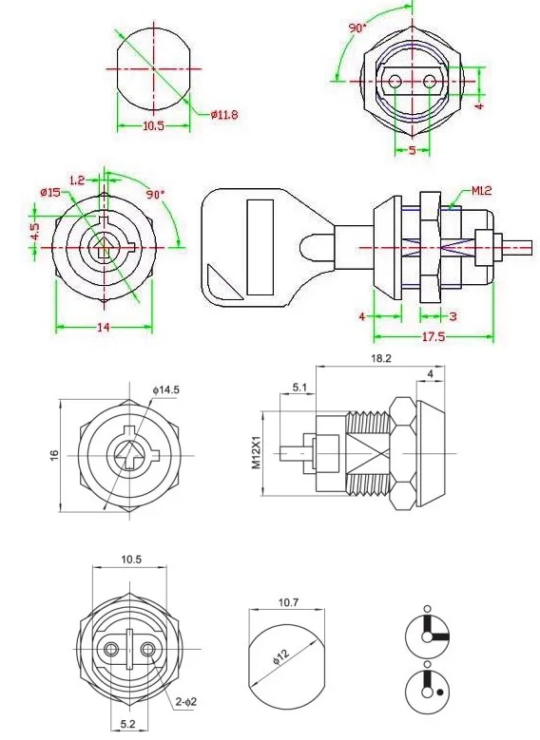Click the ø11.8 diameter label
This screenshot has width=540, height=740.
[224, 114]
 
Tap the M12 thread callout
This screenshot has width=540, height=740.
[481, 190]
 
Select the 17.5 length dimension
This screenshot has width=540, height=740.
[434, 336]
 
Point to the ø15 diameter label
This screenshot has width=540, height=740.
[50, 192]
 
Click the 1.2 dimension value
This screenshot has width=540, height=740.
[77, 180]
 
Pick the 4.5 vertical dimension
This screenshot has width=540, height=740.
[35, 231]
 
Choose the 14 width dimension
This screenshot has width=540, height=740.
[104, 327]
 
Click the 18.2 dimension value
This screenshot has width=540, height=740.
[381, 358]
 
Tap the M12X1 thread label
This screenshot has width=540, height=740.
[256, 451]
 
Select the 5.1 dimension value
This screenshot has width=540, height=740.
[299, 388]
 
